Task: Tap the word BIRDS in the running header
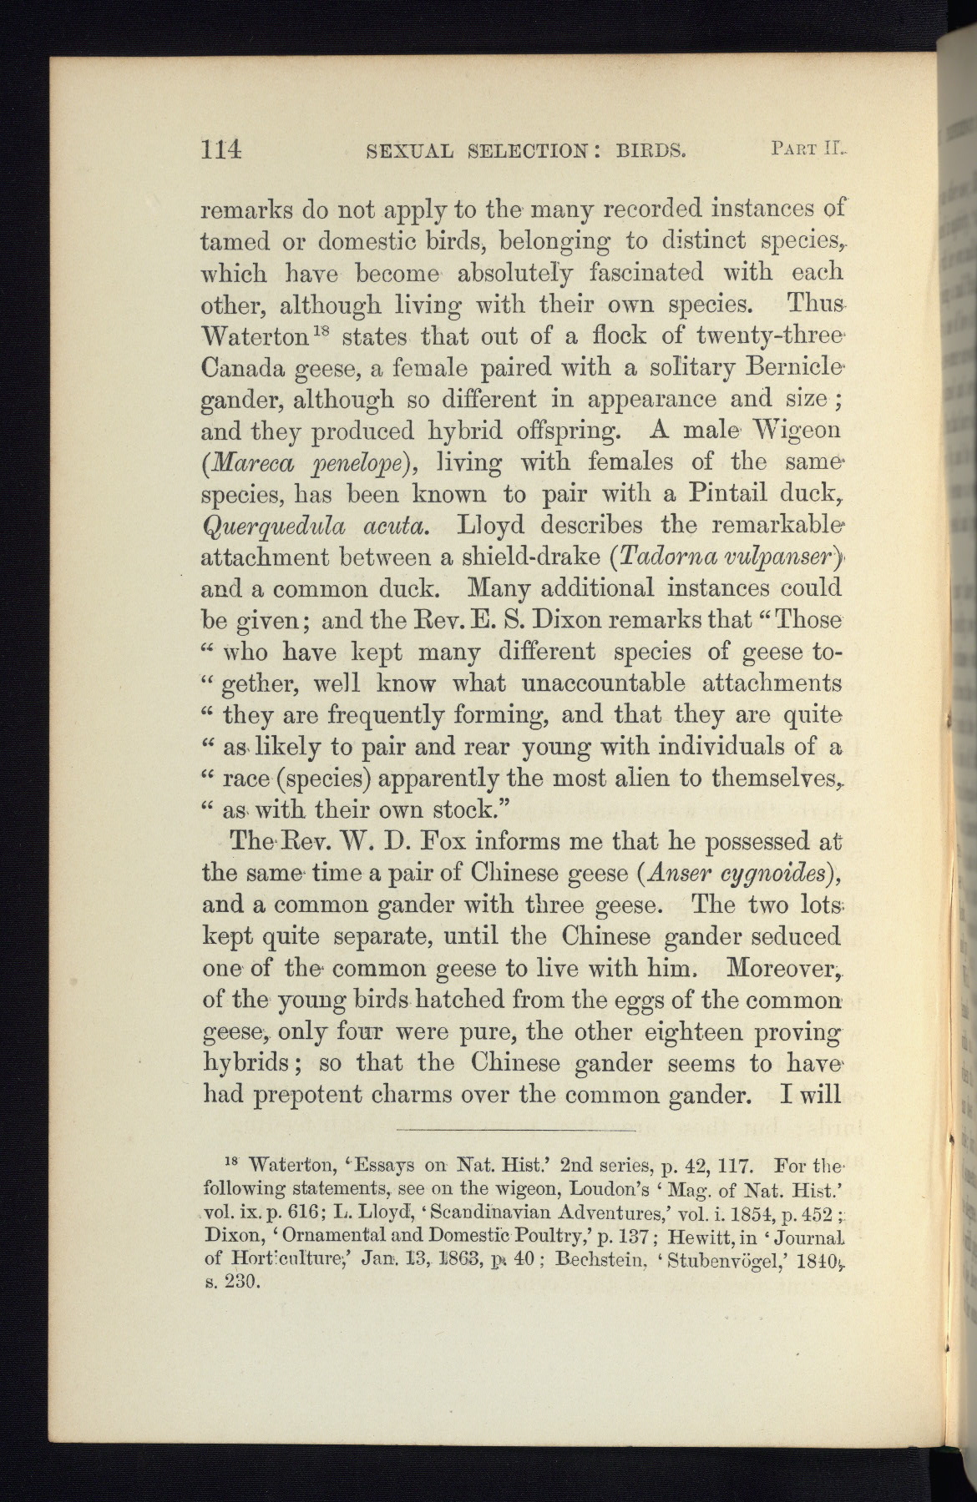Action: [x=650, y=152]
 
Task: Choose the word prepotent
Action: [x=315, y=1094]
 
